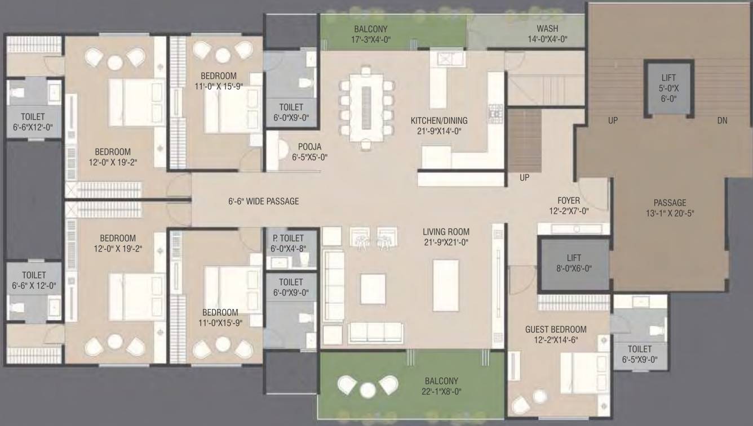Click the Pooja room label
(310, 152)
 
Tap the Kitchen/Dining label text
(438, 125)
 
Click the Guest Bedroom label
(555, 334)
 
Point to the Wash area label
(547, 34)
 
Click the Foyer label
(568, 205)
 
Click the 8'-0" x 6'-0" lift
(574, 263)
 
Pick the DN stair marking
(722, 120)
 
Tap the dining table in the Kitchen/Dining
(366, 107)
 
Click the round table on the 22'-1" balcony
(368, 390)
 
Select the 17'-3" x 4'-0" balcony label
(370, 34)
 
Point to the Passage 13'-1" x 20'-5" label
(670, 208)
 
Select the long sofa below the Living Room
(375, 333)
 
